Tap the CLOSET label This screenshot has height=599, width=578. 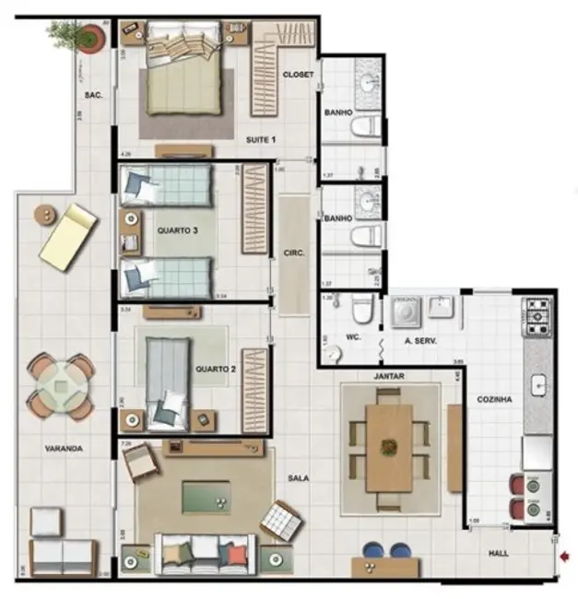[298, 74]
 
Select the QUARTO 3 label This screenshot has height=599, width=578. [178, 230]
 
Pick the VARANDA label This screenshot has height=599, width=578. [64, 449]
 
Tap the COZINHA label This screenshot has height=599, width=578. [494, 400]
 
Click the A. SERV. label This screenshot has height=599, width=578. [419, 342]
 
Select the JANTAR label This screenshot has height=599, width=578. [389, 377]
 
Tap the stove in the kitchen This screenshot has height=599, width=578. [537, 315]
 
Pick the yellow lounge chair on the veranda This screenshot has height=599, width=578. [69, 237]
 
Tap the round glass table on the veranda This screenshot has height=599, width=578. [61, 385]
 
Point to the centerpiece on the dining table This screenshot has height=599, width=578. [389, 449]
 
